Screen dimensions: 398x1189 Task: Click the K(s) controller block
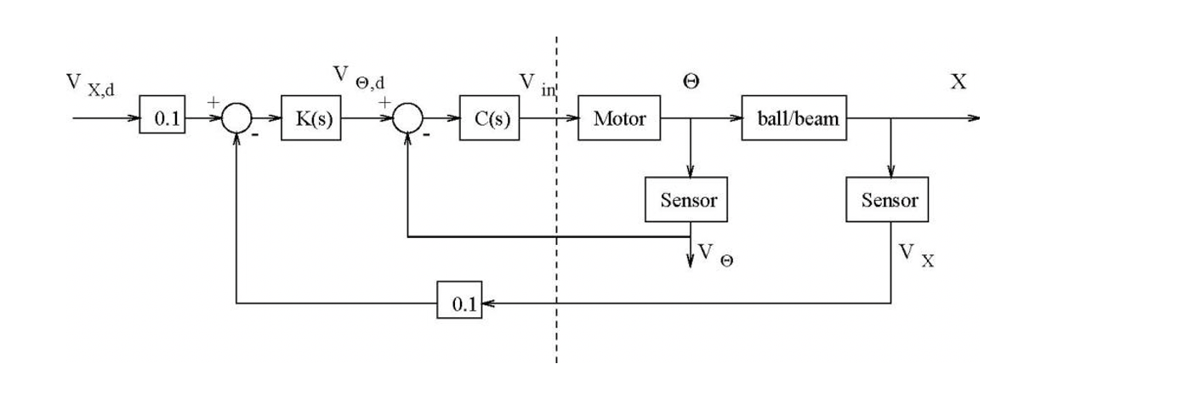click(311, 119)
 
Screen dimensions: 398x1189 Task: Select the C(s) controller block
click(489, 119)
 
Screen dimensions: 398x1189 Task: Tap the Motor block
click(620, 118)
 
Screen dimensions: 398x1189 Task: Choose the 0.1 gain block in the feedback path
click(460, 303)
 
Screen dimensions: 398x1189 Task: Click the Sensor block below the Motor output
click(687, 201)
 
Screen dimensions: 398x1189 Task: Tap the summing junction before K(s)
click(236, 119)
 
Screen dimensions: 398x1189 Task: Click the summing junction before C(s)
click(407, 119)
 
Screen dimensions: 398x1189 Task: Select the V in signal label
click(538, 84)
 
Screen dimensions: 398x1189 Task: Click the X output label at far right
click(959, 82)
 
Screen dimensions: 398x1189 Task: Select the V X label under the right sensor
click(916, 254)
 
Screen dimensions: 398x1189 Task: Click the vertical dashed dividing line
click(557, 255)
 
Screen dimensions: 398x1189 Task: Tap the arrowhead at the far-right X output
click(975, 118)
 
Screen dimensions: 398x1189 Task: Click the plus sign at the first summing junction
click(213, 102)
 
